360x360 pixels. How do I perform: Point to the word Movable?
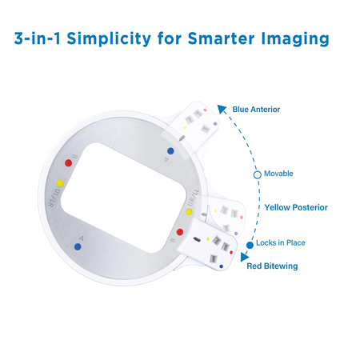(x=279, y=174)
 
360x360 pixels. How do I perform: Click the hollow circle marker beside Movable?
(x=257, y=174)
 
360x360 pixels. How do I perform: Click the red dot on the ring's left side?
(x=68, y=163)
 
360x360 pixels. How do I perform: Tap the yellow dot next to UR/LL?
(x=190, y=214)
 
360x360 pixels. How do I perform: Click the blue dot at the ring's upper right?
(x=169, y=150)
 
